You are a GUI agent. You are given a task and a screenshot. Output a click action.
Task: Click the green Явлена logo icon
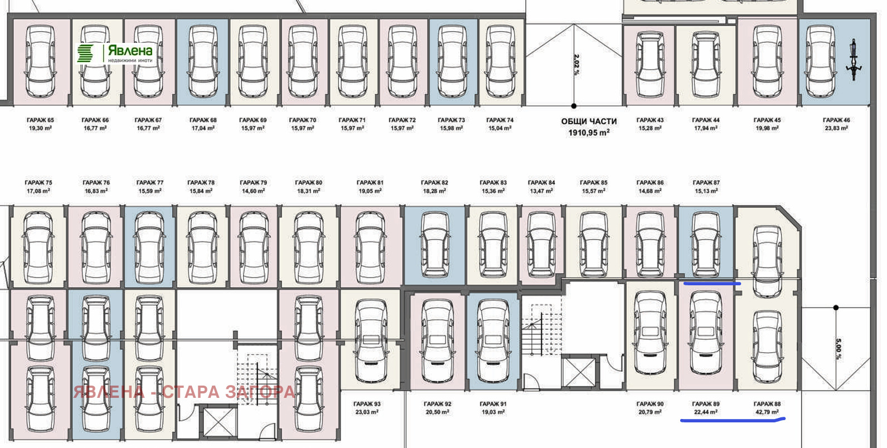tap(85, 53)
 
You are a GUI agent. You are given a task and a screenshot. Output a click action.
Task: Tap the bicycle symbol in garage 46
tap(854, 60)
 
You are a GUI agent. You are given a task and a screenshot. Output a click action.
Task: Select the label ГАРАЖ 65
tap(40, 120)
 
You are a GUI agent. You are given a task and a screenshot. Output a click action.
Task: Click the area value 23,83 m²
tap(836, 128)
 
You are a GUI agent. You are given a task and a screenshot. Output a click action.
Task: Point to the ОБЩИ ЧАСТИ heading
tap(589, 121)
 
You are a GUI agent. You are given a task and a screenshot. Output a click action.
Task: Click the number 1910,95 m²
tap(589, 133)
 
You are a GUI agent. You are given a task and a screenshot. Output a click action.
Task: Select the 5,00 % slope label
tap(838, 349)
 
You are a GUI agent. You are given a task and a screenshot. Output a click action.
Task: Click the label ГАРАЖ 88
tap(767, 403)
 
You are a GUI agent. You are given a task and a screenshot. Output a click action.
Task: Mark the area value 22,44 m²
tap(706, 412)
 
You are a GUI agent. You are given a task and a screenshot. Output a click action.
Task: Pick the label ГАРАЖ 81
tap(370, 182)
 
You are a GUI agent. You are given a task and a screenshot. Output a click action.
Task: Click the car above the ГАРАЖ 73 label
tap(452, 61)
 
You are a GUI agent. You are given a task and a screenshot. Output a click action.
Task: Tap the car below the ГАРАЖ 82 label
tap(435, 244)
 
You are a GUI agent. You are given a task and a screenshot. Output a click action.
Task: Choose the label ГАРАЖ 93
tap(367, 403)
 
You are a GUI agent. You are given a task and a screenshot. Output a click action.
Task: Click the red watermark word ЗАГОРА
tap(260, 392)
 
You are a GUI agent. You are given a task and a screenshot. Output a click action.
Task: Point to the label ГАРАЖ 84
tap(541, 182)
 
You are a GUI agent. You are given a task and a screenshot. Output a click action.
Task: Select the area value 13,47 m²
tap(541, 191)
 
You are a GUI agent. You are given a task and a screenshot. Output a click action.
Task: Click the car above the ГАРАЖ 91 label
tap(493, 340)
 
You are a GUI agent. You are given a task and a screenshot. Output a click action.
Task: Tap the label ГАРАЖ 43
tap(650, 120)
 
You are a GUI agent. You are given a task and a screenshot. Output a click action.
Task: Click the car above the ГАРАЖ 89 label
tap(706, 333)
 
